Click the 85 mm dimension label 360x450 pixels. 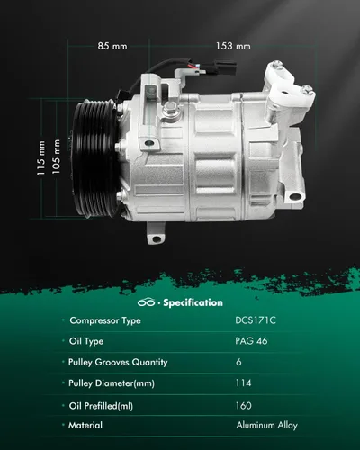click(112, 46)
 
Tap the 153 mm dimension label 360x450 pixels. click(233, 46)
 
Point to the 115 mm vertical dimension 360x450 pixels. click(40, 158)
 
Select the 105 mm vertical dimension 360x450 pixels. click(56, 157)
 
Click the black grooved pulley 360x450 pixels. click(95, 158)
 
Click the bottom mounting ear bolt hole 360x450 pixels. click(157, 238)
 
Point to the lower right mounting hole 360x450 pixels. click(295, 197)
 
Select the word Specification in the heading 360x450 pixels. click(193, 302)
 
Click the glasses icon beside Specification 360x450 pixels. click(146, 302)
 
